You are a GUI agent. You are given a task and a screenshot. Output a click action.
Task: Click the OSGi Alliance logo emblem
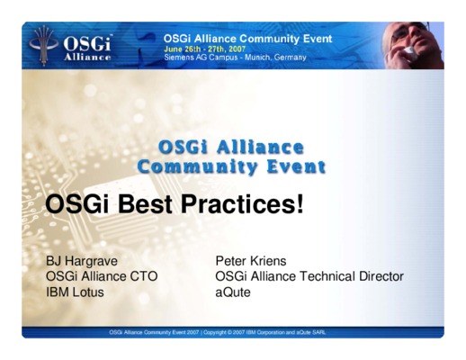(x=44, y=46)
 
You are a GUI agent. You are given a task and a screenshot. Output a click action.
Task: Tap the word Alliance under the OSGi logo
(x=87, y=57)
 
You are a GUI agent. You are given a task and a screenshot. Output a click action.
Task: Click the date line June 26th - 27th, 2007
(x=204, y=49)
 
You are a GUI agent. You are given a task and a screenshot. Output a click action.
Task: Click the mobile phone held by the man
(x=409, y=52)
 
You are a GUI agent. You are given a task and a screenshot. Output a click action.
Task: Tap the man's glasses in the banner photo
(x=403, y=32)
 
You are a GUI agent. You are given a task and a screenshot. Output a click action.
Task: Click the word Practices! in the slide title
(x=242, y=204)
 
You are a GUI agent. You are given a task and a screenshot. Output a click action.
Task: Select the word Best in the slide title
(x=145, y=204)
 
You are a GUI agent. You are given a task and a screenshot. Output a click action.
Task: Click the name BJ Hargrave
(x=82, y=261)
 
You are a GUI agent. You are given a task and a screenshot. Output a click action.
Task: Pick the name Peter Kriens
(x=251, y=261)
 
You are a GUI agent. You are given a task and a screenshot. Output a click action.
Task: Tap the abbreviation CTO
(x=143, y=276)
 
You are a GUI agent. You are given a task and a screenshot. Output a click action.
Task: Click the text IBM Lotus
(x=75, y=292)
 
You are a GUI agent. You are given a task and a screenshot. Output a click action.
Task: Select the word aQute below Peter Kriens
(x=233, y=292)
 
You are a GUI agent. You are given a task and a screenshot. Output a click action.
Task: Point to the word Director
(x=381, y=276)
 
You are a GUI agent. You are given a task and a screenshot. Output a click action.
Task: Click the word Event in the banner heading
(x=318, y=39)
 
